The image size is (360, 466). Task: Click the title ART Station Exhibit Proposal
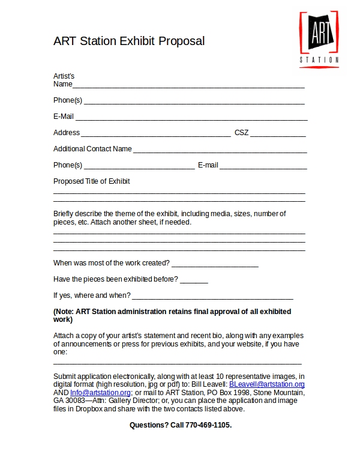pyautogui.click(x=129, y=41)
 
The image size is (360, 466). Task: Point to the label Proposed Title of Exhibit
pyautogui.click(x=91, y=181)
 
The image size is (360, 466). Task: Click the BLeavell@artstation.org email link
pyautogui.click(x=267, y=384)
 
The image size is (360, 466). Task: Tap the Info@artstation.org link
pyautogui.click(x=100, y=393)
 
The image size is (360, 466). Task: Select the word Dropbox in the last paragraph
pyautogui.click(x=91, y=409)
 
